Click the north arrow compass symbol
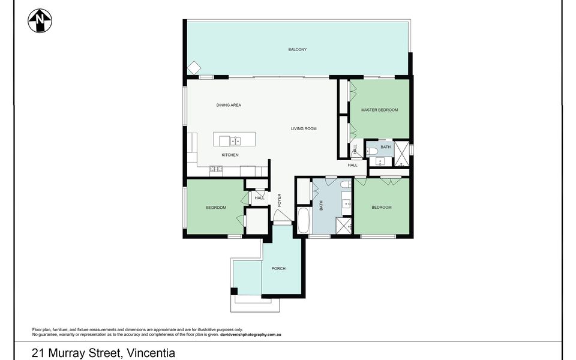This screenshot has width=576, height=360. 40,20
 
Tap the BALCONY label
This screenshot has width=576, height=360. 297,50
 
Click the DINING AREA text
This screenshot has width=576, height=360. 229,105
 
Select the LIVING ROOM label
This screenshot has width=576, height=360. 304,128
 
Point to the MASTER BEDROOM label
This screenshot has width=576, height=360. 379,110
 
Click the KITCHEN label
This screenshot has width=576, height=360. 230,155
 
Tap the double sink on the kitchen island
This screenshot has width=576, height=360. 235,140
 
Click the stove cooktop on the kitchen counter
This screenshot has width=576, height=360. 216,169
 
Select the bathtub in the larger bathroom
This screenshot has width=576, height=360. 304,220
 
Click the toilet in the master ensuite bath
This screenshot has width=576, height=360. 373,151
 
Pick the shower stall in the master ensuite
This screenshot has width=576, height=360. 401,154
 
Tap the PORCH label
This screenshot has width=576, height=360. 278,269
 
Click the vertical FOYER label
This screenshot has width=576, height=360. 279,200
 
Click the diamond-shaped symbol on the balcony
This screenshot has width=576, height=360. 194,68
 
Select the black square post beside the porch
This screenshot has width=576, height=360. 233,292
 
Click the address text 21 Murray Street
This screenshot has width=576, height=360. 76,353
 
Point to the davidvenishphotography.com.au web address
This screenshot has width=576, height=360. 251,335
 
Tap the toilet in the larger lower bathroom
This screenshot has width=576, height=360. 346,184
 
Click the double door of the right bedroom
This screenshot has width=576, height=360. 391,181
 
